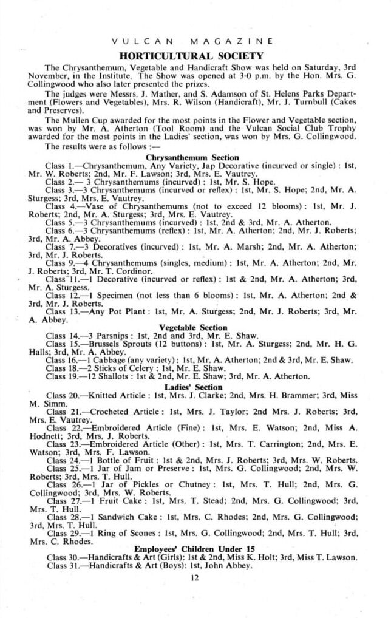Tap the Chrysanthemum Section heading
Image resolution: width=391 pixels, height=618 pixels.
click(192, 157)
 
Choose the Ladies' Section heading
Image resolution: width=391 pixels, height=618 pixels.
click(192, 387)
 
